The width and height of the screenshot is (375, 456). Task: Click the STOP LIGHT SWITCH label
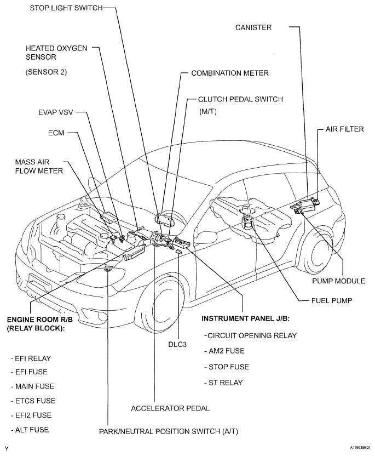pos(64,9)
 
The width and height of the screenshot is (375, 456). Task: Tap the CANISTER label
pos(253,27)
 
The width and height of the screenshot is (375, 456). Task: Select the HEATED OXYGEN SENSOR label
pos(56,52)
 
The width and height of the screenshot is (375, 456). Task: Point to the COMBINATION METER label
pos(230,72)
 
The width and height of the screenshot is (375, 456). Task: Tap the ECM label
pos(56,133)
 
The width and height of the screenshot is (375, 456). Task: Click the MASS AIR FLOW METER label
pos(39,166)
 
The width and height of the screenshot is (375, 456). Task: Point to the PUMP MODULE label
pos(338,281)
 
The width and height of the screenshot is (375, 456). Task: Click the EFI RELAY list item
pos(31,358)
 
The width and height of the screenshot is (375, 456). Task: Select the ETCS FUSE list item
pos(33,401)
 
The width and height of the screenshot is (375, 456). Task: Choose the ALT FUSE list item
pos(31,430)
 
